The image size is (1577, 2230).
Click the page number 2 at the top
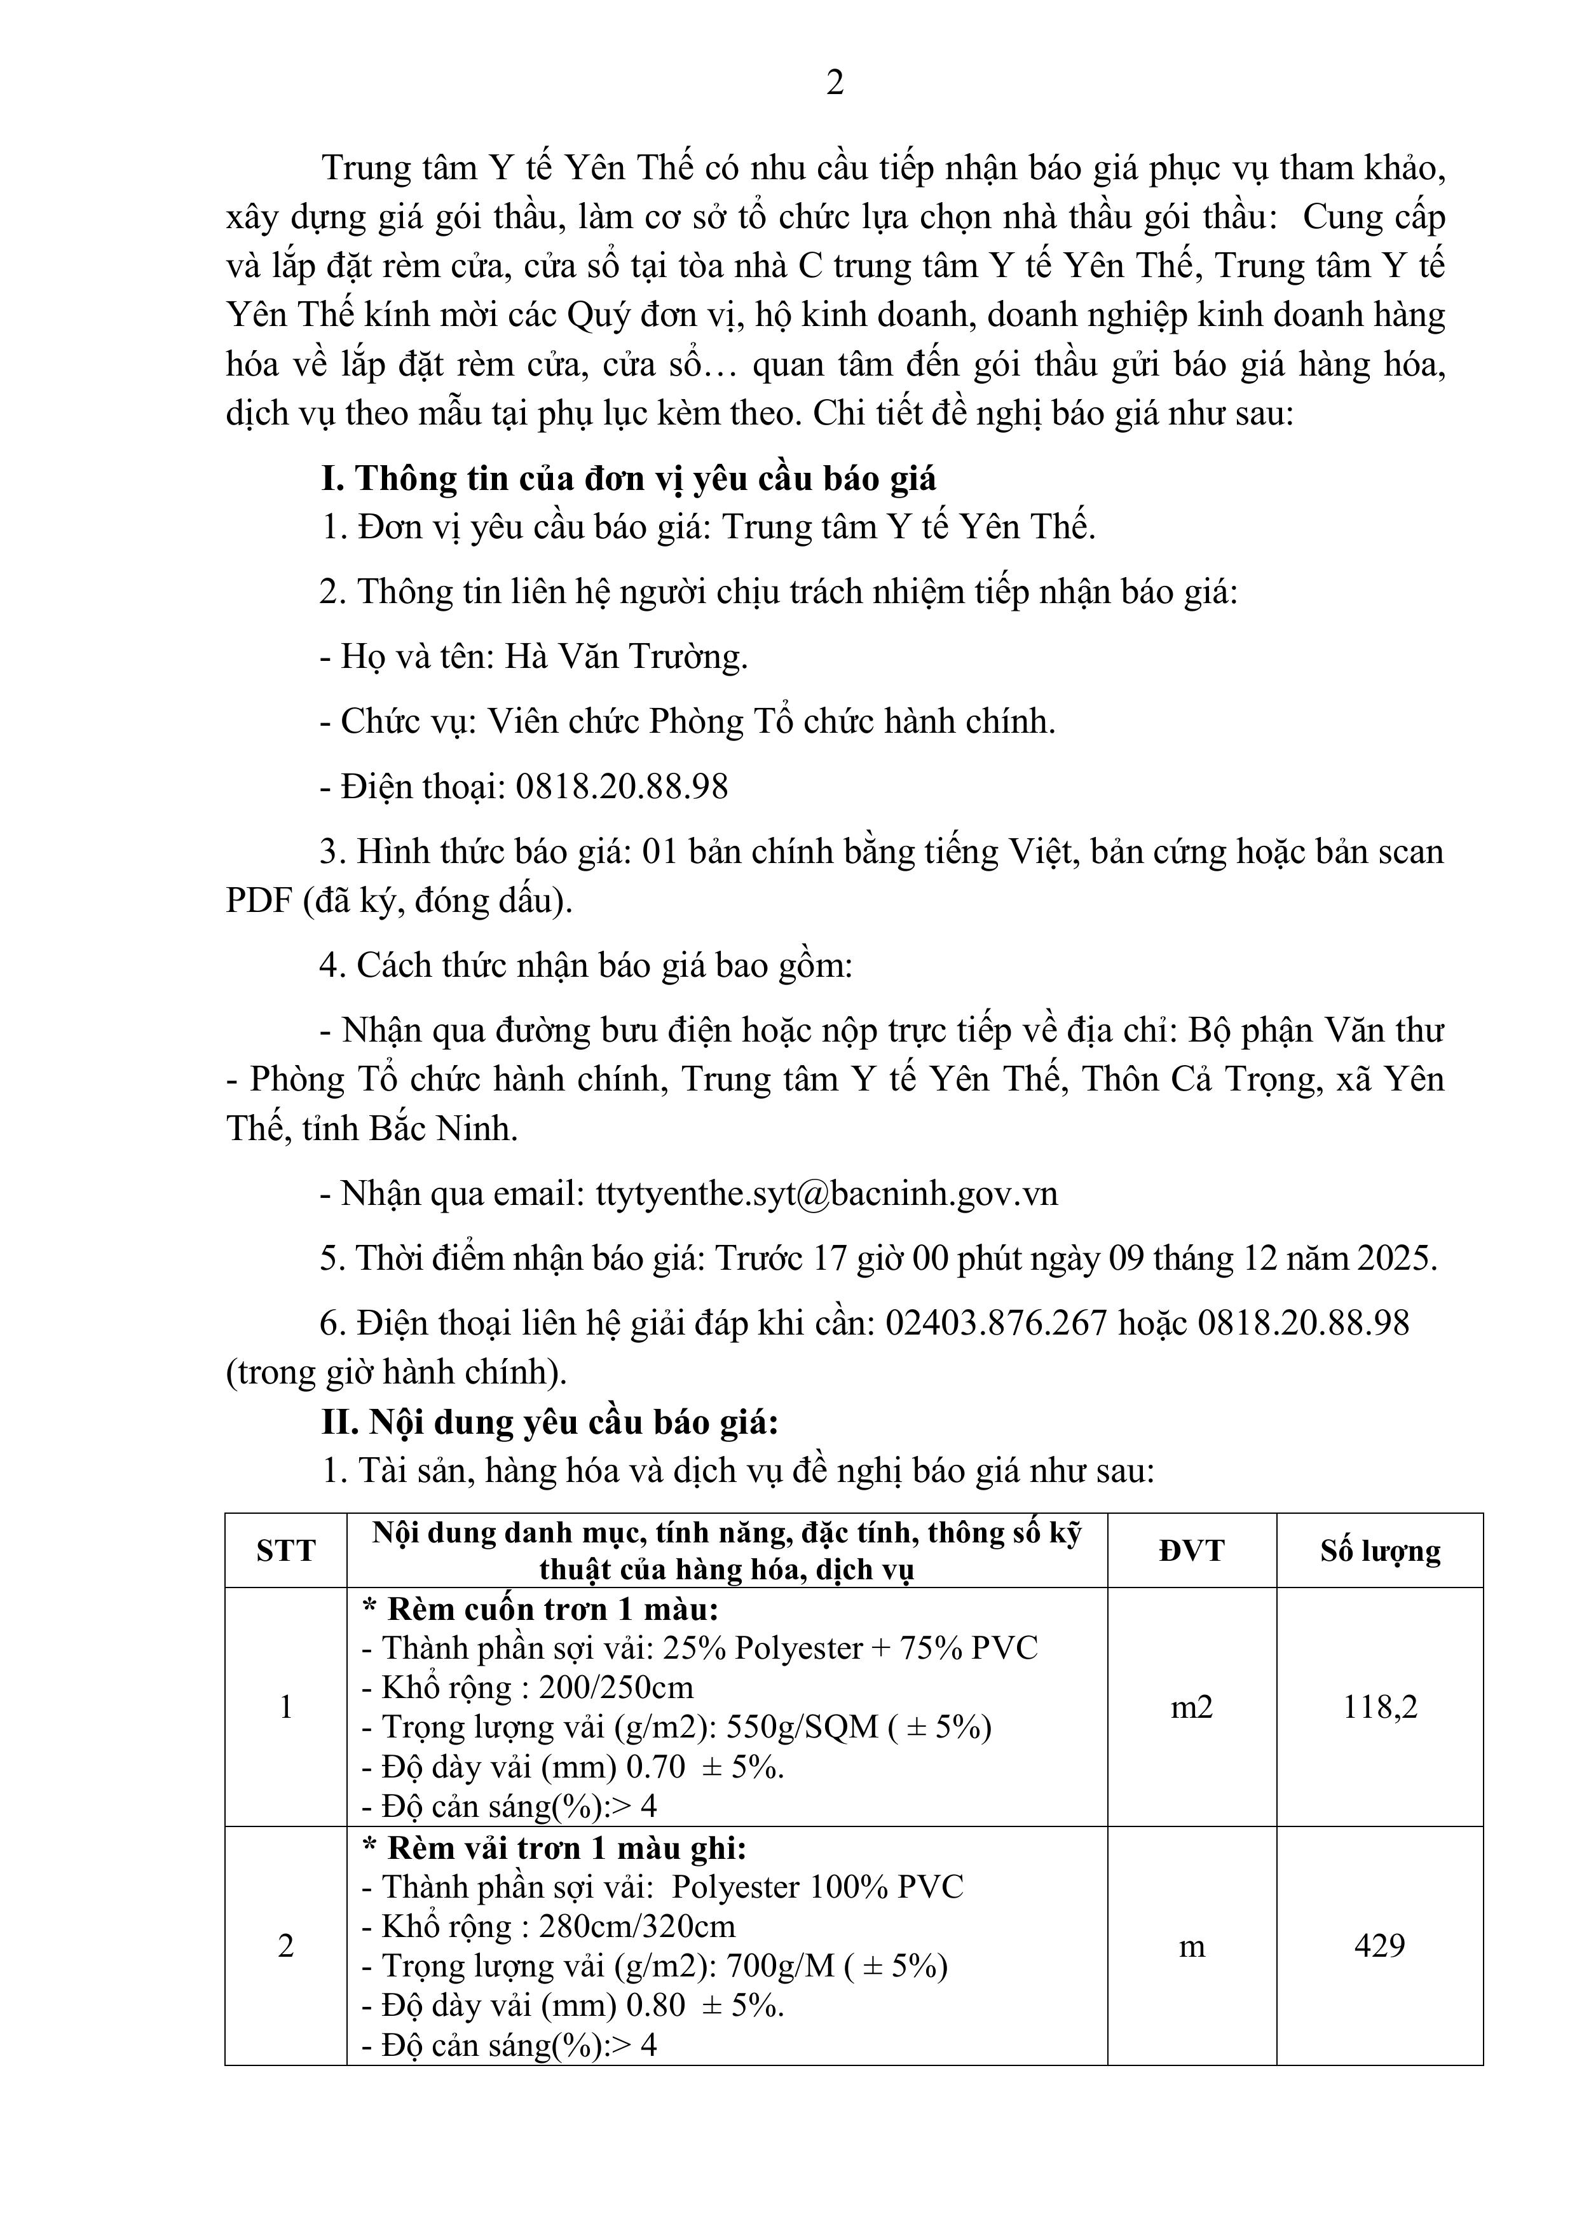[835, 85]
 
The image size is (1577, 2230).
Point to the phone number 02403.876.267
[996, 1323]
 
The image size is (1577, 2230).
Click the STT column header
[285, 1551]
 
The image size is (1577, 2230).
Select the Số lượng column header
[1380, 1551]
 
